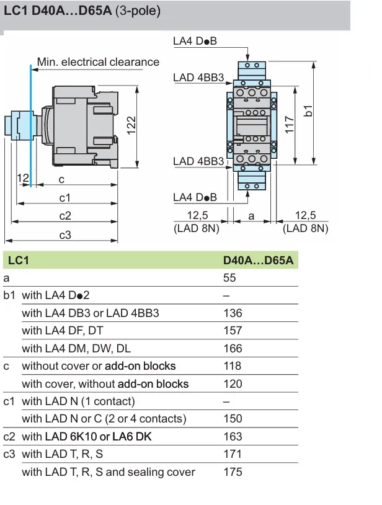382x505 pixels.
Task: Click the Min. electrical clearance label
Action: coord(98,62)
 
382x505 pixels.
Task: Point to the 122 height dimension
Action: coord(131,124)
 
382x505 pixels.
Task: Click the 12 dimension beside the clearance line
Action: coord(23,178)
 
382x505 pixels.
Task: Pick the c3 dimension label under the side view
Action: coord(65,235)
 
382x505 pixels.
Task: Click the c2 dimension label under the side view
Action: coord(65,216)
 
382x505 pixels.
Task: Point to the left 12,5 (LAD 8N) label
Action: coord(197,221)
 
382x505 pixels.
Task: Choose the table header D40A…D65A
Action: coord(257,261)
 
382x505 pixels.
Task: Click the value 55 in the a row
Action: coord(229,278)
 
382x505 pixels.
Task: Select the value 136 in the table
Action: coord(233,313)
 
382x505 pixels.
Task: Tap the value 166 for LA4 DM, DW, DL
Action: coord(233,349)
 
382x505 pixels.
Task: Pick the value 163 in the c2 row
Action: coord(233,437)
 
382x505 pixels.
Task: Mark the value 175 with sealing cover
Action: coord(233,472)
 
